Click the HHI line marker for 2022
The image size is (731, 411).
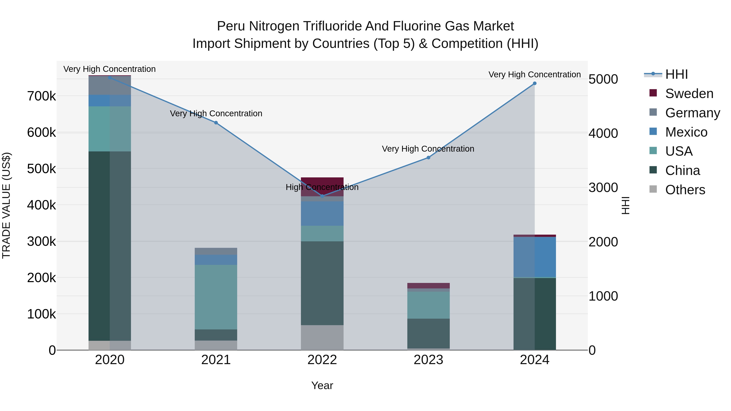pyautogui.click(x=322, y=196)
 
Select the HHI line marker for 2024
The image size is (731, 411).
pyautogui.click(x=535, y=83)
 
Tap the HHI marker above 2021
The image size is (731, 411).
pyautogui.click(x=216, y=123)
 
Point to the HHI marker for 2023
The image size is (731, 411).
pyautogui.click(x=428, y=158)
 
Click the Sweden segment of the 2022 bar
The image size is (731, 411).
pyautogui.click(x=322, y=183)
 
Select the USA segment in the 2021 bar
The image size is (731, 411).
pyautogui.click(x=216, y=297)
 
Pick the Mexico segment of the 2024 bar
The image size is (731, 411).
pyautogui.click(x=535, y=257)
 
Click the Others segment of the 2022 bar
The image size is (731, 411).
pyautogui.click(x=322, y=338)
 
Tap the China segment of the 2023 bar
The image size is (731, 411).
pyautogui.click(x=428, y=333)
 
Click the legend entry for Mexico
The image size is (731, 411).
pyautogui.click(x=686, y=132)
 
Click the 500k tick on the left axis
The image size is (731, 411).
pyautogui.click(x=41, y=169)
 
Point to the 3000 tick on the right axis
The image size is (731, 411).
pyautogui.click(x=603, y=188)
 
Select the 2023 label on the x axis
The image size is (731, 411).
pyautogui.click(x=428, y=360)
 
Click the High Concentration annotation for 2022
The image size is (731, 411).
pyautogui.click(x=322, y=187)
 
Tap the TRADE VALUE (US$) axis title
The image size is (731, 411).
pyautogui.click(x=6, y=205)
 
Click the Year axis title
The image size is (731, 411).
pyautogui.click(x=322, y=385)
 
